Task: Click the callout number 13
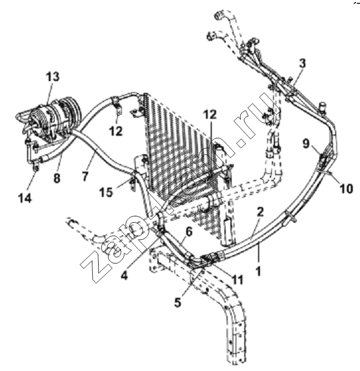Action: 53,76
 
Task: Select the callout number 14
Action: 25,198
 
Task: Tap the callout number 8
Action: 57,178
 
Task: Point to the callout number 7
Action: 85,176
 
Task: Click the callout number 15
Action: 106,192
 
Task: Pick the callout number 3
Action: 302,63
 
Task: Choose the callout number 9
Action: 306,144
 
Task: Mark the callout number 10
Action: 346,189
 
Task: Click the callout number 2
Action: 260,212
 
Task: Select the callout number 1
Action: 259,271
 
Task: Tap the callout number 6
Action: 189,232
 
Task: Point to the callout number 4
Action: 124,275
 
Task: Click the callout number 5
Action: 178,302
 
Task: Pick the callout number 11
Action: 237,279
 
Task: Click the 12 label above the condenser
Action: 210,115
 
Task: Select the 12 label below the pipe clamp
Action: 116,131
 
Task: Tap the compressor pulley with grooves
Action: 71,113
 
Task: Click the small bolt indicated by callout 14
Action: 36,168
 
